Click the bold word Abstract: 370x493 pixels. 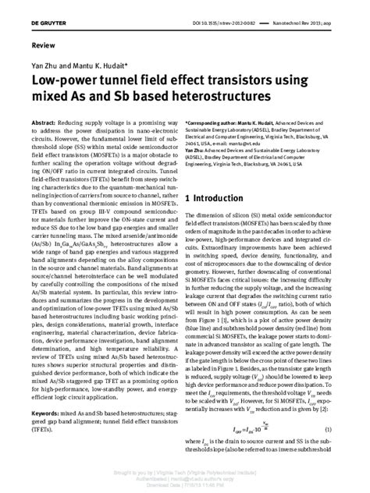click(44, 125)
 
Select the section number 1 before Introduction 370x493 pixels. click(189, 199)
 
